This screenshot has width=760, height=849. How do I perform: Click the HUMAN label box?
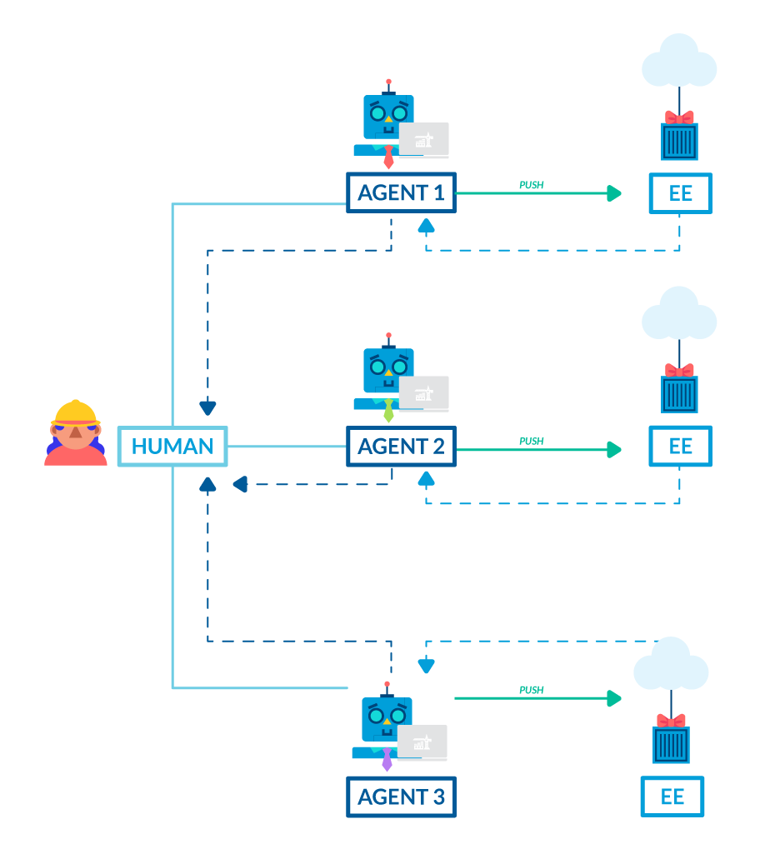(172, 447)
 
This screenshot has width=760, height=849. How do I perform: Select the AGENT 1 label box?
(401, 193)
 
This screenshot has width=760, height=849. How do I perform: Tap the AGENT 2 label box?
(401, 447)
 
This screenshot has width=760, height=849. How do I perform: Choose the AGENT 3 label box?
(401, 797)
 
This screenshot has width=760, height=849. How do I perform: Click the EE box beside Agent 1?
(680, 193)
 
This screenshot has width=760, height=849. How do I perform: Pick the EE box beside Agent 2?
(680, 447)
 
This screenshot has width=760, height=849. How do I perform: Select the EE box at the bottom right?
(672, 797)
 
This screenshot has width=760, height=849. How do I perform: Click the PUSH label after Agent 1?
(532, 185)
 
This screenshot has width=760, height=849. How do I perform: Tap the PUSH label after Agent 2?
(532, 441)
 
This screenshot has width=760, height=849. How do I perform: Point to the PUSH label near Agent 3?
(532, 690)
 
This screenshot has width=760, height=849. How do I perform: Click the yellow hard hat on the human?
(76, 412)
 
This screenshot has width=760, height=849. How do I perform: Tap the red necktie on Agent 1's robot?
(388, 157)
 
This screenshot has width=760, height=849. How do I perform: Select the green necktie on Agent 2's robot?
(388, 411)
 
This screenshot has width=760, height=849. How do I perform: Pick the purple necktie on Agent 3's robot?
(387, 759)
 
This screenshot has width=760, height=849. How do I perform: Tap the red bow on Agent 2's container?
(679, 370)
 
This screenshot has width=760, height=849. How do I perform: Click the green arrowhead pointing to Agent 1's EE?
(614, 193)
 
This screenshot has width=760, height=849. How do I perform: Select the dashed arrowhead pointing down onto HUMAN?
(207, 407)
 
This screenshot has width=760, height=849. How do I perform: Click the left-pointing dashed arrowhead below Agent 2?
(240, 484)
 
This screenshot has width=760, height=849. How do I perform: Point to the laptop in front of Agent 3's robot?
(422, 742)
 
